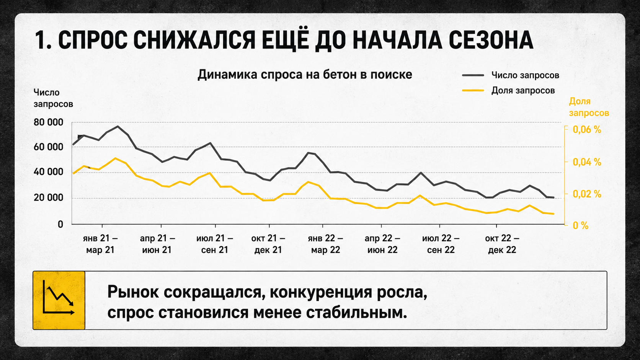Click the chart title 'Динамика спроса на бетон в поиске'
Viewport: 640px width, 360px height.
click(x=305, y=75)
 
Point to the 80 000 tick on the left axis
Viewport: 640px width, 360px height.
click(x=48, y=122)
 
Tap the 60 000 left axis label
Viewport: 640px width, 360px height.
click(x=48, y=147)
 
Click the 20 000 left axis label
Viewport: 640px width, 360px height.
click(x=48, y=197)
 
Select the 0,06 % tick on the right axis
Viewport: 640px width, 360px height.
click(x=587, y=130)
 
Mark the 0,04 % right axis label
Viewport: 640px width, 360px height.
click(x=587, y=162)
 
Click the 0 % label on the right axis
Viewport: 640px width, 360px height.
click(x=581, y=226)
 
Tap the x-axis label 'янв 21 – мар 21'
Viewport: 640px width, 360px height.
click(x=100, y=244)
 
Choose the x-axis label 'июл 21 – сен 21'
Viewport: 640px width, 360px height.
click(x=215, y=244)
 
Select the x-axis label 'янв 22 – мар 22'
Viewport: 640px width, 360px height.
click(x=325, y=244)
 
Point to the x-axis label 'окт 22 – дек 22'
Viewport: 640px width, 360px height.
click(x=502, y=244)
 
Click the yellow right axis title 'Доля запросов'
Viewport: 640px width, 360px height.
click(x=589, y=107)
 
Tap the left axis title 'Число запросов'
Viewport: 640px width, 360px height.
click(x=53, y=98)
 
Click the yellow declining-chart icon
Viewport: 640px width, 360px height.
click(x=59, y=300)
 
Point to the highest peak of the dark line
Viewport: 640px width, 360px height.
click(x=118, y=126)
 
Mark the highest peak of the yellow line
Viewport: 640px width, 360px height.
click(x=115, y=158)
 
